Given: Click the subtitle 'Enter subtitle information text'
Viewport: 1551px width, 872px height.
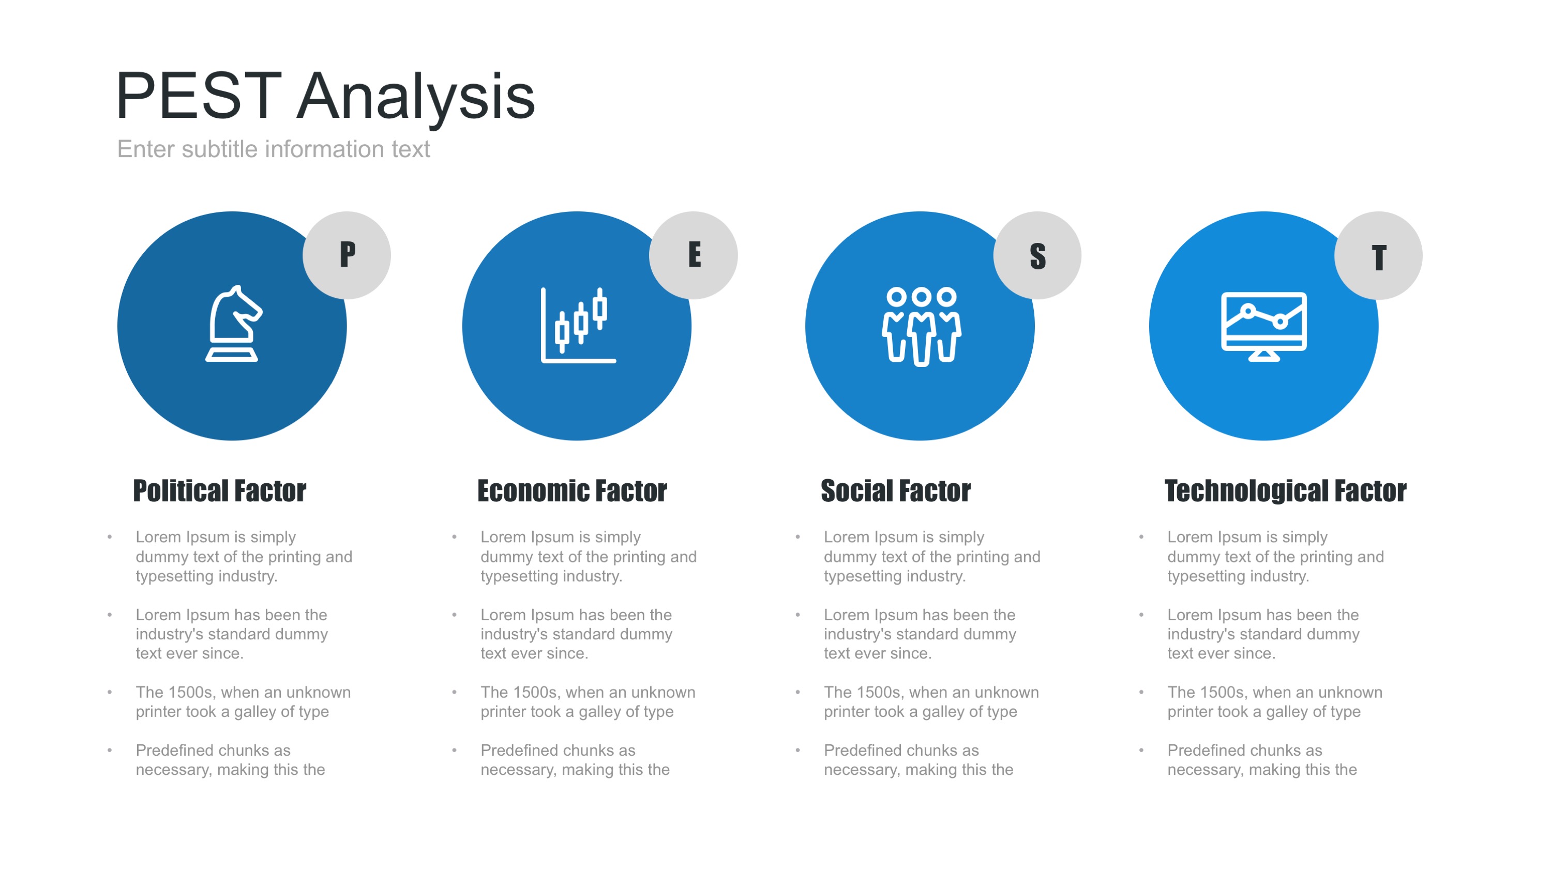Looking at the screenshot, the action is coord(274,149).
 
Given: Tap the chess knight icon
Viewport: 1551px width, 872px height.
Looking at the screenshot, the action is coord(234,324).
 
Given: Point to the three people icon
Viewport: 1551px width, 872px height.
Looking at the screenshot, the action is coord(921,326).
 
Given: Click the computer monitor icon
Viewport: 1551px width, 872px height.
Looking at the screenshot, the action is coord(1263,326).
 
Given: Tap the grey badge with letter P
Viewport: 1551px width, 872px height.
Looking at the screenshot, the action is coord(347,255).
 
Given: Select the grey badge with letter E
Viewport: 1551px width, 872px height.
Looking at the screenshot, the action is coord(694,255).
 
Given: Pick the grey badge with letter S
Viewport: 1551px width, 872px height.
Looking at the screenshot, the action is coord(1037,255).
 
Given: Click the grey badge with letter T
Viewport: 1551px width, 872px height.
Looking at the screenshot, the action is coord(1379,255).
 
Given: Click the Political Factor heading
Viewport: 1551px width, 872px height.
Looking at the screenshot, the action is coord(220,491).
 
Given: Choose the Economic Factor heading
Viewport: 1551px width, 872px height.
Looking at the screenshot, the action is coord(572,491).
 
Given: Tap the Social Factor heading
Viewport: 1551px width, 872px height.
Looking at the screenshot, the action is coord(896,491).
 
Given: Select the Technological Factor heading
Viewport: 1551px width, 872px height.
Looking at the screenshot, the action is coord(1286,491).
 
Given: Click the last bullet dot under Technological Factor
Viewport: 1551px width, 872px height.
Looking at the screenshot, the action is coord(1141,750).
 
